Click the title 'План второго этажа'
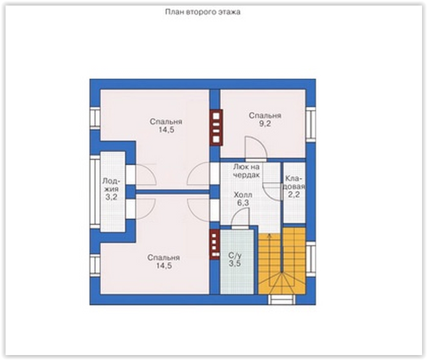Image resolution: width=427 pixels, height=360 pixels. point(202,12)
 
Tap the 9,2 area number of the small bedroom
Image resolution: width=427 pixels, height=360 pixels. point(265,124)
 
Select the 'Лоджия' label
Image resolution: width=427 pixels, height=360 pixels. point(112,185)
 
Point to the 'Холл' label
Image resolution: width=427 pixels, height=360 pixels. point(243,195)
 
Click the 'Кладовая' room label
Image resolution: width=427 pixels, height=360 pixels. point(294,182)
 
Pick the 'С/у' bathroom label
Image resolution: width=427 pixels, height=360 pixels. point(234,255)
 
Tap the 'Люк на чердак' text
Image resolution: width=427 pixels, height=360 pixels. point(246,171)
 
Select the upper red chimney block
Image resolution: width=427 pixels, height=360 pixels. point(216,128)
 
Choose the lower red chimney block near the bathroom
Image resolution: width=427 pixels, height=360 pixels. point(215,244)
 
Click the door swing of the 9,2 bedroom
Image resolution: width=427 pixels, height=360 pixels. point(255,149)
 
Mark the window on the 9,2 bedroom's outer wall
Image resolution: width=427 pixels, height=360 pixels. point(310,124)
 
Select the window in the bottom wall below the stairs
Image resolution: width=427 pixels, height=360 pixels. point(282,300)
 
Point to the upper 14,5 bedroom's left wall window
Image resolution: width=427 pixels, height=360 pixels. point(95,118)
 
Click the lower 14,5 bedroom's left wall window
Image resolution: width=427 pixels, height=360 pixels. point(95,265)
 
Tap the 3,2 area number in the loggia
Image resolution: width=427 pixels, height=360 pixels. point(111,197)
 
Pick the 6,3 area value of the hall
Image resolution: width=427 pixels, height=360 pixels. point(243,203)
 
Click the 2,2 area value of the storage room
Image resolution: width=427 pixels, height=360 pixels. point(294,194)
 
